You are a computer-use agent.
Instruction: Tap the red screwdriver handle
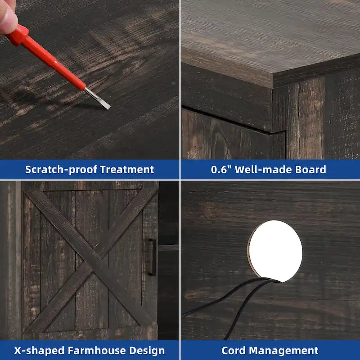(x=46, y=58)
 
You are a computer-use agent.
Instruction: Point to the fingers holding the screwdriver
(x=8, y=17)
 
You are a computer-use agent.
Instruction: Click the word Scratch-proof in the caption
(x=61, y=170)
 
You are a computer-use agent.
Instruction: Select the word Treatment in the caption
(x=127, y=170)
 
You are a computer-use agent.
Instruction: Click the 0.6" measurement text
(x=221, y=170)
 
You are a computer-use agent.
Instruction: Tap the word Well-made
(x=263, y=170)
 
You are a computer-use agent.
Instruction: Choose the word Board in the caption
(x=310, y=170)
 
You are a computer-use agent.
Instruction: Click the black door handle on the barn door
(x=153, y=257)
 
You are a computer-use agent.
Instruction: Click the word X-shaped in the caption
(x=40, y=351)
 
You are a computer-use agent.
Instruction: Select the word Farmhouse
(x=97, y=351)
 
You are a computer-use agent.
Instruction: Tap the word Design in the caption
(x=147, y=351)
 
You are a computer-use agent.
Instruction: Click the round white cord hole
(x=275, y=251)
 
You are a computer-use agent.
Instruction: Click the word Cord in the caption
(x=234, y=351)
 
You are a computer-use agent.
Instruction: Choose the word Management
(x=283, y=351)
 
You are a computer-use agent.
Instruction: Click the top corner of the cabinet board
(x=273, y=73)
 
